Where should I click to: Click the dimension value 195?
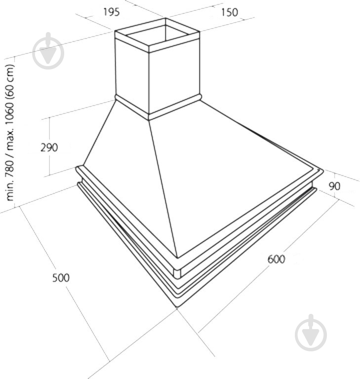point(111,12)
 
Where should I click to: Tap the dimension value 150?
point(229,12)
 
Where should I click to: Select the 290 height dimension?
point(49,148)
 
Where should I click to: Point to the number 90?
point(335,186)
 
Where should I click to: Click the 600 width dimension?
point(276,260)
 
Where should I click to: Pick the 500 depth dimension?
point(61,278)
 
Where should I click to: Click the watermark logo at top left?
point(48,51)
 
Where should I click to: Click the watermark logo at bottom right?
point(311,333)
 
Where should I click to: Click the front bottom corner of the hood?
point(177,307)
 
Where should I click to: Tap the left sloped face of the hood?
point(128,169)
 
